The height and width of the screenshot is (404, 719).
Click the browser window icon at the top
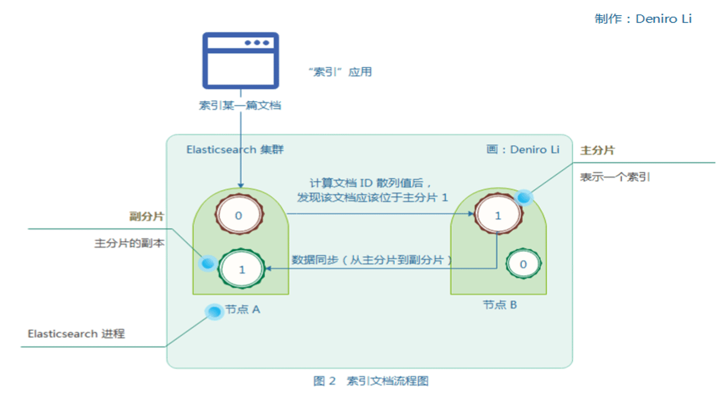tap(240, 60)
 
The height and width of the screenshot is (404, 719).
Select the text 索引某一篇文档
tap(240, 105)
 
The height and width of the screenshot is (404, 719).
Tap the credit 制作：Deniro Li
tap(643, 19)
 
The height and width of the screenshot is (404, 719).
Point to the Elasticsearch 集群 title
tap(235, 150)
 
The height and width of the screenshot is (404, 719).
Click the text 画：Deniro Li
tap(523, 150)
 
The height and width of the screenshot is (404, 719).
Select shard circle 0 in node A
tap(239, 215)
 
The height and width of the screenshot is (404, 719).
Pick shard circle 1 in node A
tap(242, 270)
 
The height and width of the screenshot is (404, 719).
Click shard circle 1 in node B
tap(498, 215)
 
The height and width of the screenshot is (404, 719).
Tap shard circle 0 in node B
tap(523, 264)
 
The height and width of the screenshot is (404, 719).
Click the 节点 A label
tap(243, 309)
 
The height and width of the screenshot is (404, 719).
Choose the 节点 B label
tap(500, 305)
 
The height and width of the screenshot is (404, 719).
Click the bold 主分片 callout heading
tap(597, 150)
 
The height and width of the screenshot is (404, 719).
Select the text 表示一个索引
tap(615, 178)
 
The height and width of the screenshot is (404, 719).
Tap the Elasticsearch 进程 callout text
tap(76, 334)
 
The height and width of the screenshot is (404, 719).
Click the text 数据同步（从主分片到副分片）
tap(372, 260)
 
